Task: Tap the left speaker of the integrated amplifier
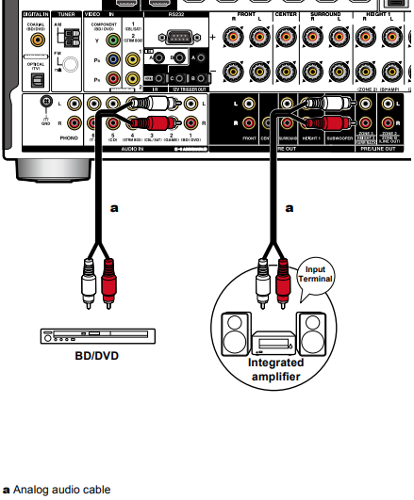[234, 332]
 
